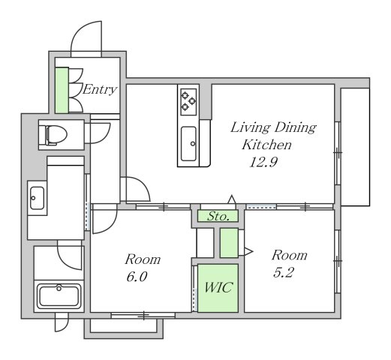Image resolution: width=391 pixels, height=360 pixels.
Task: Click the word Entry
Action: click(100, 89)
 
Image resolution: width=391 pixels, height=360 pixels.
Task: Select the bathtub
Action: click(59, 296)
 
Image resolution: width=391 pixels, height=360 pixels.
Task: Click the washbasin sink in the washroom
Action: click(38, 198)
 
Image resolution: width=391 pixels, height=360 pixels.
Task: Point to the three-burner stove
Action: click(188, 102)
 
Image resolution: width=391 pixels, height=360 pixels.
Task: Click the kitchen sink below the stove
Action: click(188, 144)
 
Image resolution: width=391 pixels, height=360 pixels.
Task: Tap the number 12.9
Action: click(263, 162)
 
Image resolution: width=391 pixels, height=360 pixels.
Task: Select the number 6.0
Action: click(137, 277)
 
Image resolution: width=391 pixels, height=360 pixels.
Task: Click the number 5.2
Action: click(283, 272)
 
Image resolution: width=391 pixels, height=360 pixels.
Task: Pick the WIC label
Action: click(218, 287)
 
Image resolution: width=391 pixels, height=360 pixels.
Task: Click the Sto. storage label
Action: click(218, 216)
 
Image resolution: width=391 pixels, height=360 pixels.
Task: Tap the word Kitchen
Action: click(266, 145)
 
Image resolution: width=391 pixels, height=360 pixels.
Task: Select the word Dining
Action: click(295, 127)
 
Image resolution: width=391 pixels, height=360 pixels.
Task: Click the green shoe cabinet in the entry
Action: click(62, 90)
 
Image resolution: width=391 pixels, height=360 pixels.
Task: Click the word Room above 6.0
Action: click(143, 259)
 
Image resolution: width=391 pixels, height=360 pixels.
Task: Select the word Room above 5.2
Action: click(290, 255)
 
